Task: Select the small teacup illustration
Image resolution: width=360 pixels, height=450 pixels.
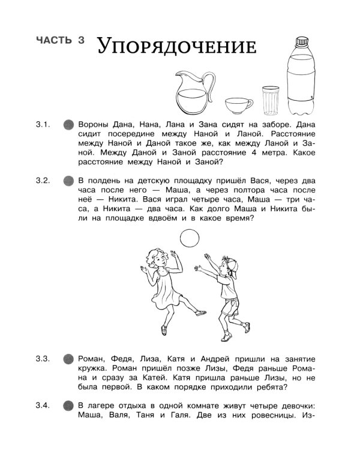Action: pos(239,107)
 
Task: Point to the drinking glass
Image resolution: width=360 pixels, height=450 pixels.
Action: pos(272,100)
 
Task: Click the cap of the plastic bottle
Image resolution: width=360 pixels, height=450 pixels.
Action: pos(300,43)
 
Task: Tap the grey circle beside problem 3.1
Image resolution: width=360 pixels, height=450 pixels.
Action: pos(68,125)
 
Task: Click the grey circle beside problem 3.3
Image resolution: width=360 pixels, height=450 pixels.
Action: pos(68,359)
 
